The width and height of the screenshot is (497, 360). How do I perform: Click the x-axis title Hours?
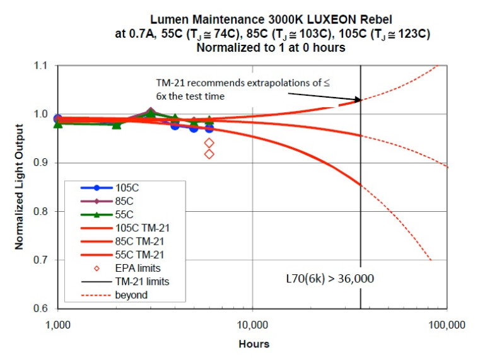(254, 344)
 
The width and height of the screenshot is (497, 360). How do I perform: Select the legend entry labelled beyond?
(131, 295)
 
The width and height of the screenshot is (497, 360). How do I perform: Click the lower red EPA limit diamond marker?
(209, 154)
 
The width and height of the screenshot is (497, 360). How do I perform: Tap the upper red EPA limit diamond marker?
(209, 142)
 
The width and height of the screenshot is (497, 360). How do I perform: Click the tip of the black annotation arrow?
(359, 99)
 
